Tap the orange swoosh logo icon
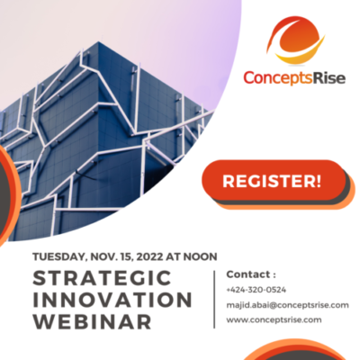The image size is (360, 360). point(295,40)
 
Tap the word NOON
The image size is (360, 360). point(201,256)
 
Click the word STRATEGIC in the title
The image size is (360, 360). point(102,278)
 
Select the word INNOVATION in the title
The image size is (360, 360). point(112,300)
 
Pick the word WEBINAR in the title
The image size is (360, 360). point(92,321)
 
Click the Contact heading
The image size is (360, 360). point(251,274)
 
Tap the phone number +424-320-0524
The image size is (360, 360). point(256,290)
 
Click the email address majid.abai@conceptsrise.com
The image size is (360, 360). point(287,305)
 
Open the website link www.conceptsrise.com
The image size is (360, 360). point(274,319)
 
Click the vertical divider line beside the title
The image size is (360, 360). point(214,299)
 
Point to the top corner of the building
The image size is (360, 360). point(98,41)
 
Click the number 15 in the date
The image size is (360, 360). point(127,256)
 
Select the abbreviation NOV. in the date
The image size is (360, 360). point(103,256)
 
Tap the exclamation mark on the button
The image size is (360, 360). point(318,181)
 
